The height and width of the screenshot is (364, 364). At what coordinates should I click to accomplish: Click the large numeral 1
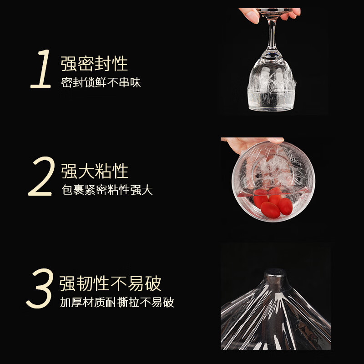pyautogui.click(x=41, y=70)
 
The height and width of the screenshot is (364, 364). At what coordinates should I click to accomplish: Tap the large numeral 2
pyautogui.click(x=41, y=177)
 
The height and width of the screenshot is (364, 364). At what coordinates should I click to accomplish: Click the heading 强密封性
pyautogui.click(x=95, y=64)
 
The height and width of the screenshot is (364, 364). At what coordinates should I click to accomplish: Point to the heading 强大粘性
pyautogui.click(x=95, y=171)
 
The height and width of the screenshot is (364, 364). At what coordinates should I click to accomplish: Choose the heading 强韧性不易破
pyautogui.click(x=111, y=283)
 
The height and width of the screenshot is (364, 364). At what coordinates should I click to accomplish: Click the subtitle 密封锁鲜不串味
pyautogui.click(x=101, y=83)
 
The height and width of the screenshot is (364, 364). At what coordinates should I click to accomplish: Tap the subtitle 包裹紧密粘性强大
pyautogui.click(x=107, y=190)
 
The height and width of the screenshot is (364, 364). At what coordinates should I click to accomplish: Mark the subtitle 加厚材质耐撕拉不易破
pyautogui.click(x=117, y=303)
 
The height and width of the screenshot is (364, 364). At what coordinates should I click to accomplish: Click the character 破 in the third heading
pyautogui.click(x=153, y=283)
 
